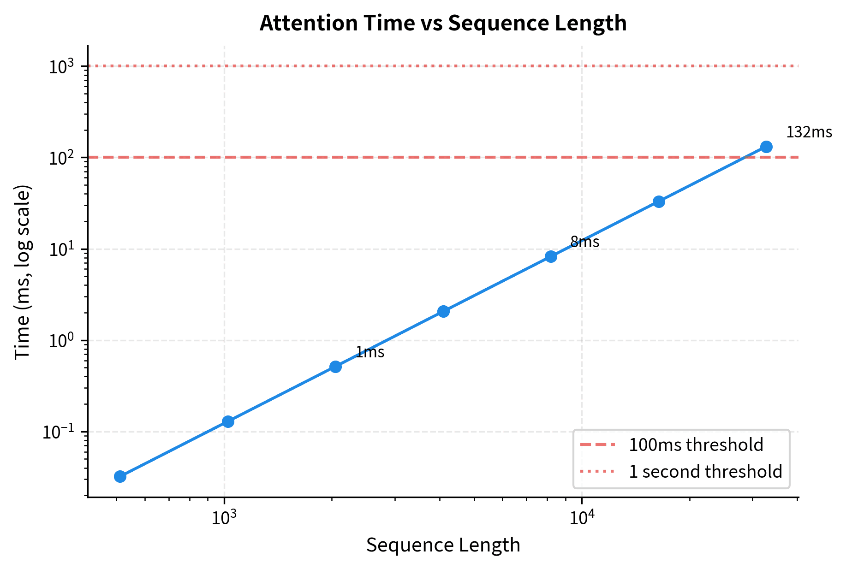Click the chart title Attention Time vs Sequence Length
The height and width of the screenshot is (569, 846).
point(443,23)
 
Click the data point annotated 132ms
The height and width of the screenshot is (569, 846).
point(766,147)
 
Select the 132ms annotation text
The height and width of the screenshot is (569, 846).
point(809,133)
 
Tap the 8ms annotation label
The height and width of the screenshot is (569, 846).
point(585,242)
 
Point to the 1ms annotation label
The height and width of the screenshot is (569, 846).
point(370,353)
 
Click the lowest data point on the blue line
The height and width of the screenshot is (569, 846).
point(120,476)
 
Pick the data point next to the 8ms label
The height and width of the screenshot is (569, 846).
point(551,256)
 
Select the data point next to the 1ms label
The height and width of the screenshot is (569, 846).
point(335,367)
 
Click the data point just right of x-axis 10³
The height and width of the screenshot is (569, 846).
point(228,421)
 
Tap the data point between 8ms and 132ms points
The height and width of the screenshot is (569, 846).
point(659,202)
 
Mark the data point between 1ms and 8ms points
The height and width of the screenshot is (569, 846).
point(443,311)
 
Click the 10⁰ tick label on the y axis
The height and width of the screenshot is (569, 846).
point(61,341)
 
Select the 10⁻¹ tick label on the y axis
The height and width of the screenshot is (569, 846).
point(59,433)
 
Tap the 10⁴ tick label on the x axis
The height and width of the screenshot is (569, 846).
point(582,518)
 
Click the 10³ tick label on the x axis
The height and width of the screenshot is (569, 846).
point(224,518)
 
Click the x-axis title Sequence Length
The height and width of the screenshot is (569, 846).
point(443,545)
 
